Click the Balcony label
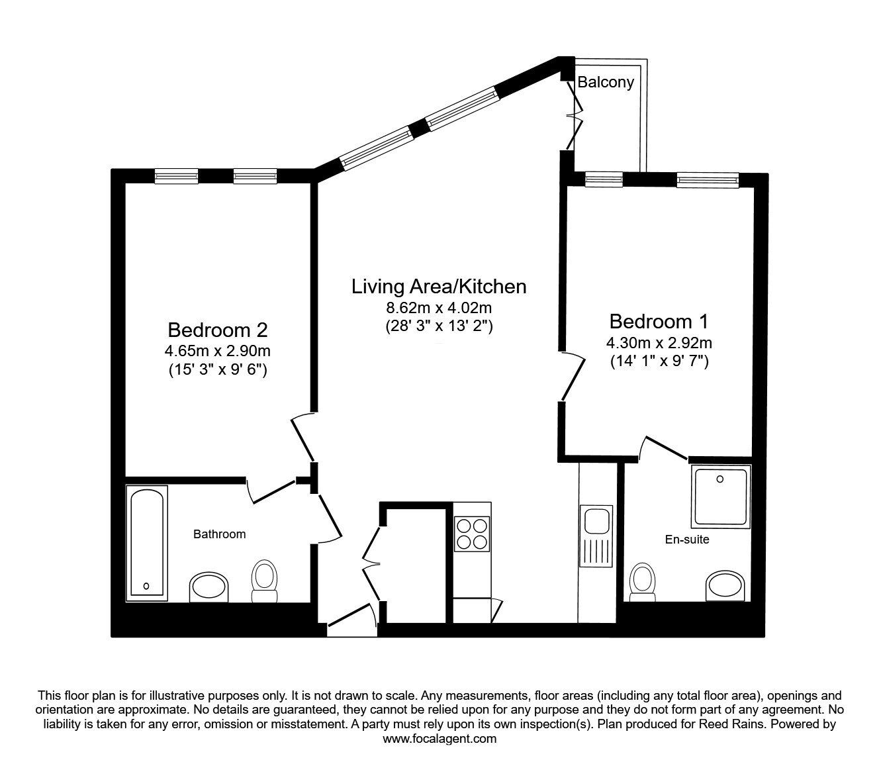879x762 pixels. [605, 83]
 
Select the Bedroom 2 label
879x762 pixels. [217, 329]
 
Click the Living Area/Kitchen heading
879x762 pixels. [439, 287]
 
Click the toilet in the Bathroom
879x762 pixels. [265, 581]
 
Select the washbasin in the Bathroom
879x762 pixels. [208, 587]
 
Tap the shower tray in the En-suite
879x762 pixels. [720, 495]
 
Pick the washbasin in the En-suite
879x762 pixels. [726, 585]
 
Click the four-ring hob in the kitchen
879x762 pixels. [472, 533]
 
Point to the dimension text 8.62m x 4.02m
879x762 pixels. [439, 308]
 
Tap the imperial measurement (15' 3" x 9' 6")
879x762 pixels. [217, 370]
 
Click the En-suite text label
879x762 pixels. [686, 540]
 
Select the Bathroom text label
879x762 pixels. [219, 534]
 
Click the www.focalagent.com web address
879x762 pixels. [439, 739]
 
